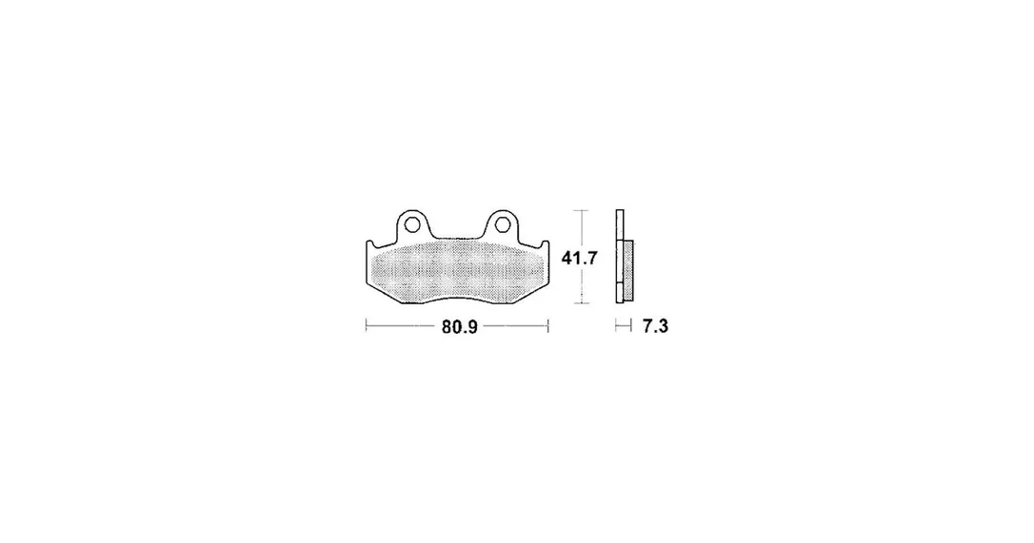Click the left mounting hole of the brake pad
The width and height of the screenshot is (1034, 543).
coord(412,224)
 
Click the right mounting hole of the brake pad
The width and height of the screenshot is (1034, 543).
coord(502,224)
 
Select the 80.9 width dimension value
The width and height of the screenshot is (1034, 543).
coord(460,327)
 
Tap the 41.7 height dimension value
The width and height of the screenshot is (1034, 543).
coord(579,258)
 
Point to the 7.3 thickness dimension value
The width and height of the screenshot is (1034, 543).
coord(655,326)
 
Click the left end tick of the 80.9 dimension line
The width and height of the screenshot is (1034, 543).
coord(366,325)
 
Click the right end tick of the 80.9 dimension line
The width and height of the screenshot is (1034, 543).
coord(548,325)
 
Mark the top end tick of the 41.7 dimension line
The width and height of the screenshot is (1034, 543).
coord(580,210)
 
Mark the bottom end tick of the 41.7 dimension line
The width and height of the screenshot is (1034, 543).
coord(580,303)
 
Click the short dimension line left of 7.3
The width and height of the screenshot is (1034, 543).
coord(624,325)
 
